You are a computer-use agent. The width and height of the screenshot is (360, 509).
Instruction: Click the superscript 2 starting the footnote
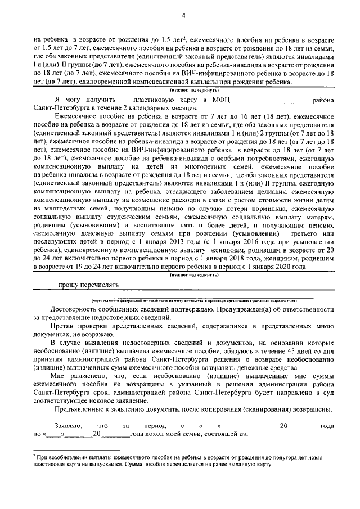tap(35, 458)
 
